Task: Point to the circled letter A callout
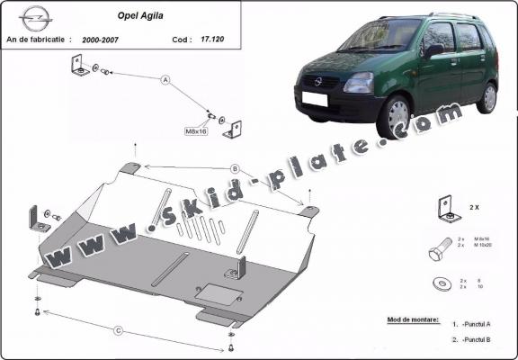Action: pyautogui.click(x=165, y=80)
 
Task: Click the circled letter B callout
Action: pyautogui.click(x=234, y=168)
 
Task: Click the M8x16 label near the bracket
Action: pyautogui.click(x=196, y=131)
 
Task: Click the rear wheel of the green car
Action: pyautogui.click(x=487, y=97)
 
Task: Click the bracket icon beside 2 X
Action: pyautogui.click(x=443, y=208)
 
